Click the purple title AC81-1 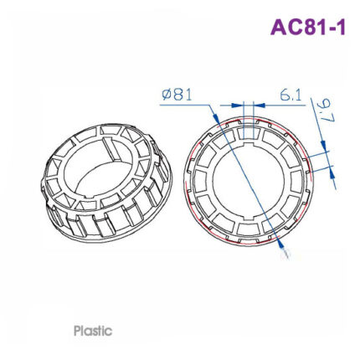(x=307, y=28)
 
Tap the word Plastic (x=93, y=331)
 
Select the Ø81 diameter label (x=177, y=95)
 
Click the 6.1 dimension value (x=290, y=95)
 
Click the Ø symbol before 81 (x=167, y=95)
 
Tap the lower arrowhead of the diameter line (x=280, y=245)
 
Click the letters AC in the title (x=287, y=28)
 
